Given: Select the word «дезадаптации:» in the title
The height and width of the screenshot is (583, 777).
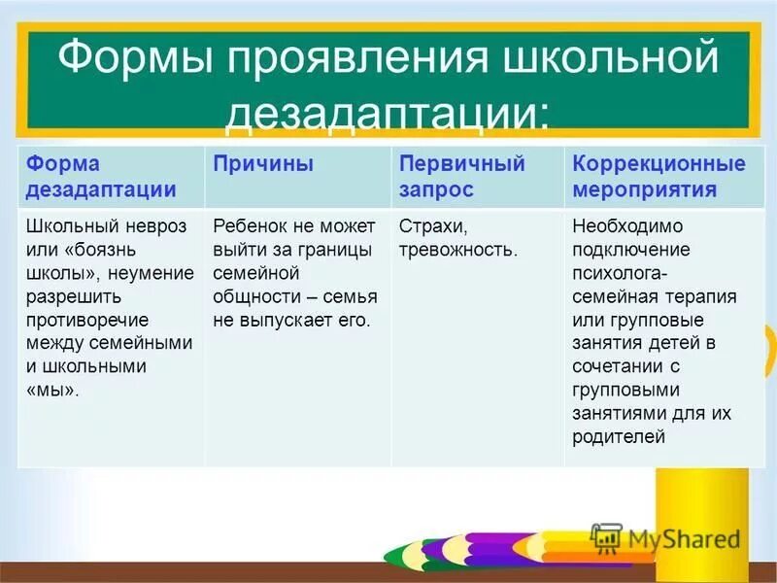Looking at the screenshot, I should point(388,116).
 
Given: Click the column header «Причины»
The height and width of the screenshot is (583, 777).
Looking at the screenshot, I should point(263,164).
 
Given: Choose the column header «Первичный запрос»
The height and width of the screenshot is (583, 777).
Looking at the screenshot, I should point(461,176).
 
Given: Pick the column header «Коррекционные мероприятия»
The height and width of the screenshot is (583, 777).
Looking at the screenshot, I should point(659,176).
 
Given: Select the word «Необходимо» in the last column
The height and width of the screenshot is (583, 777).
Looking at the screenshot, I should point(626,226).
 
